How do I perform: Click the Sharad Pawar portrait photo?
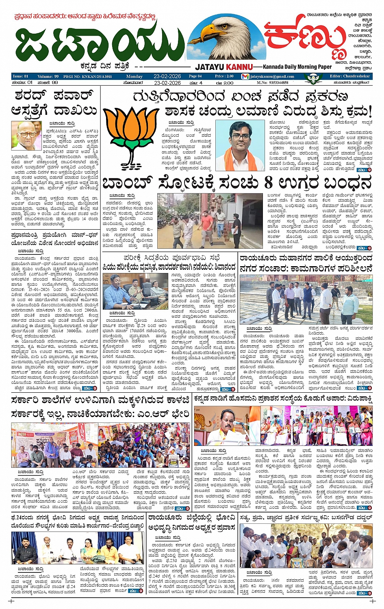pyautogui.click(x=26, y=136)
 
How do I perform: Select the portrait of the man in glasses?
pyautogui.click(x=240, y=145)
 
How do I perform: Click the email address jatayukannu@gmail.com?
pyautogui.click(x=272, y=76)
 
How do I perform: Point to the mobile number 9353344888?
pyautogui.click(x=278, y=82)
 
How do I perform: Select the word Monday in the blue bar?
pyautogui.click(x=134, y=76)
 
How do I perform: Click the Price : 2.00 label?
pyautogui.click(x=224, y=76)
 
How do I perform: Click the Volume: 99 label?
pyautogui.click(x=48, y=76)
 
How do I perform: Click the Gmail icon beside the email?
pyautogui.click(x=245, y=76)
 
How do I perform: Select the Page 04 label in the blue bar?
pyautogui.click(x=195, y=76)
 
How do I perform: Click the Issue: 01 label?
pyautogui.click(x=21, y=76)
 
